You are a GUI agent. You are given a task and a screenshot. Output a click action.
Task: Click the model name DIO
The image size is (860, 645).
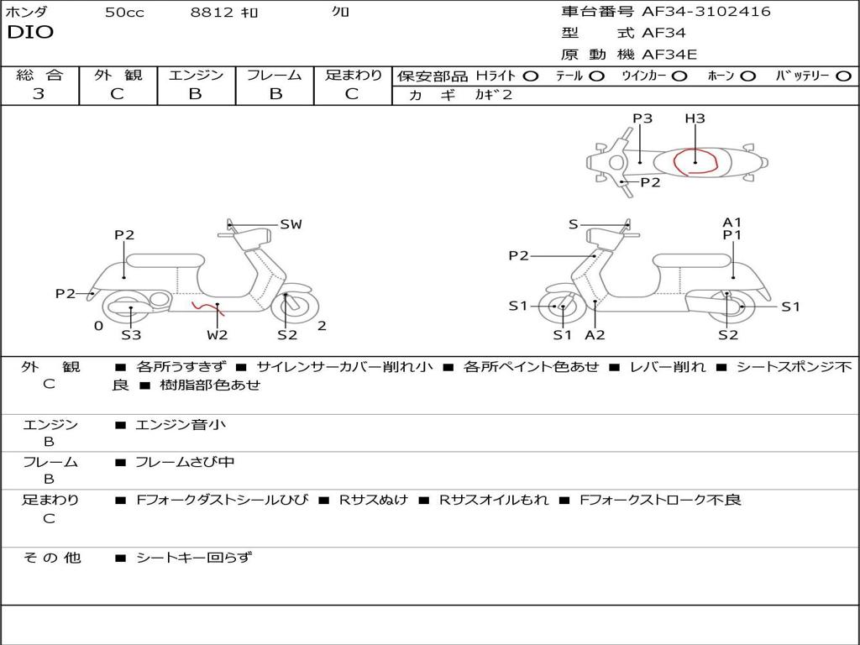[30, 32]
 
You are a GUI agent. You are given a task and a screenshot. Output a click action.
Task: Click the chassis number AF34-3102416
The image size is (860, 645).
[705, 11]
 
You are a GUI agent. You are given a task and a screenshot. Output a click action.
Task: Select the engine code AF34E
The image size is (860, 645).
[669, 55]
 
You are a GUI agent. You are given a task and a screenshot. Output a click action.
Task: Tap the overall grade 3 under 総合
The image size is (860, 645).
[39, 94]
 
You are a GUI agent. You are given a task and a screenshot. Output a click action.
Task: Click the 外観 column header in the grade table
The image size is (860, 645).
[118, 75]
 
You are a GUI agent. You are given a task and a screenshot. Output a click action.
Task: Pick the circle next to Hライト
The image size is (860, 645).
[531, 76]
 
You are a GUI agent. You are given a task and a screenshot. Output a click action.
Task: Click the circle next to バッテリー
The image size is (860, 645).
[844, 76]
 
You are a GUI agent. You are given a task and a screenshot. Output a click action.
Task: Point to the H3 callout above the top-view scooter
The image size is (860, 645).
[695, 118]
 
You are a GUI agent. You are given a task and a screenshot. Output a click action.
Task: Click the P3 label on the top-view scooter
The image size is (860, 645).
[642, 118]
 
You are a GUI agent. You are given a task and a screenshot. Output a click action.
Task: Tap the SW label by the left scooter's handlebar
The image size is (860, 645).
[291, 224]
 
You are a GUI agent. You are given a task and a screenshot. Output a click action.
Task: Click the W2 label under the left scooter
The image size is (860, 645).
[218, 334]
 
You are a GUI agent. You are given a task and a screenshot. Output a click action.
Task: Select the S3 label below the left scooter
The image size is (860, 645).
[131, 334]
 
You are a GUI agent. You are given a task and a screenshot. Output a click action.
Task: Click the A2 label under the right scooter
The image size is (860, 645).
[595, 334]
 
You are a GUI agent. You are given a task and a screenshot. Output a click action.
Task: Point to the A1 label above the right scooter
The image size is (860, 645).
[732, 222]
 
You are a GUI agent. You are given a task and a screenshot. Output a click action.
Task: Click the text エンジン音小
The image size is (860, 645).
[181, 424]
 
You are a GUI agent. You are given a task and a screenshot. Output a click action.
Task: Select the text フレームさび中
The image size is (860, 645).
[185, 463]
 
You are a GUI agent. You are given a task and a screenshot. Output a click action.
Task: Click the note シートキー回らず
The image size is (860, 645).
[194, 558]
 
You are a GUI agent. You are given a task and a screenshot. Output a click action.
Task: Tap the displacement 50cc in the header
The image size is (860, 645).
[124, 12]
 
